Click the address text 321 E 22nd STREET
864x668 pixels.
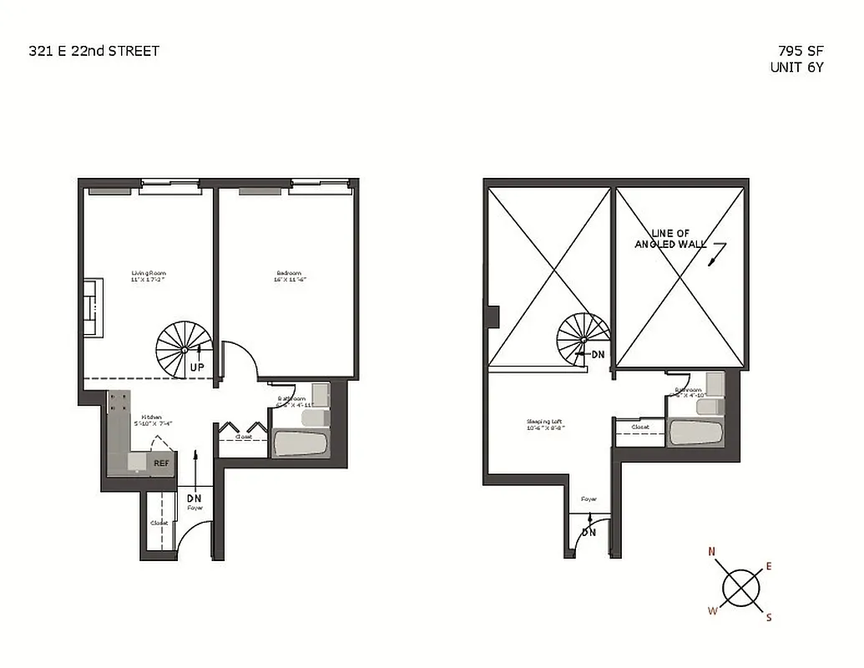93,51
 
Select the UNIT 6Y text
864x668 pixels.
796,68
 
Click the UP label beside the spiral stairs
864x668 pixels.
199,367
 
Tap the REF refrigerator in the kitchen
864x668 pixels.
160,461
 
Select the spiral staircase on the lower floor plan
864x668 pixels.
184,349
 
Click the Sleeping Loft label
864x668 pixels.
543,423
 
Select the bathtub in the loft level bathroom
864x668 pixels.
695,432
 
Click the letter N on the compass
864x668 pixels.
712,551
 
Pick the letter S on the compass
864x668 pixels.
769,618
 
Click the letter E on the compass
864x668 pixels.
768,567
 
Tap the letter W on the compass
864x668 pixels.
712,610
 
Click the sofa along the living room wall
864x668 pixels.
93,307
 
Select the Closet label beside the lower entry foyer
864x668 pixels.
159,524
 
